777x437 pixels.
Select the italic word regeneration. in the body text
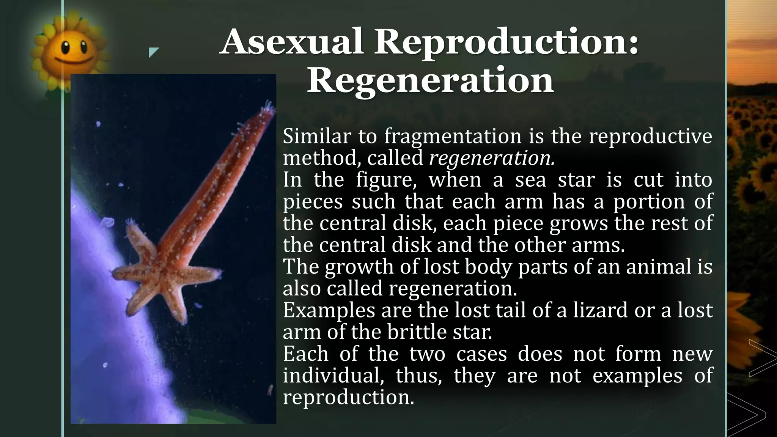[492, 158]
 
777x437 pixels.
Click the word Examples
[329, 310]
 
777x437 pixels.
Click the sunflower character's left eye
[65, 47]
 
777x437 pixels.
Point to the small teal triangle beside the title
[153, 52]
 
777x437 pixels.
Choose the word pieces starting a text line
[313, 201]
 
